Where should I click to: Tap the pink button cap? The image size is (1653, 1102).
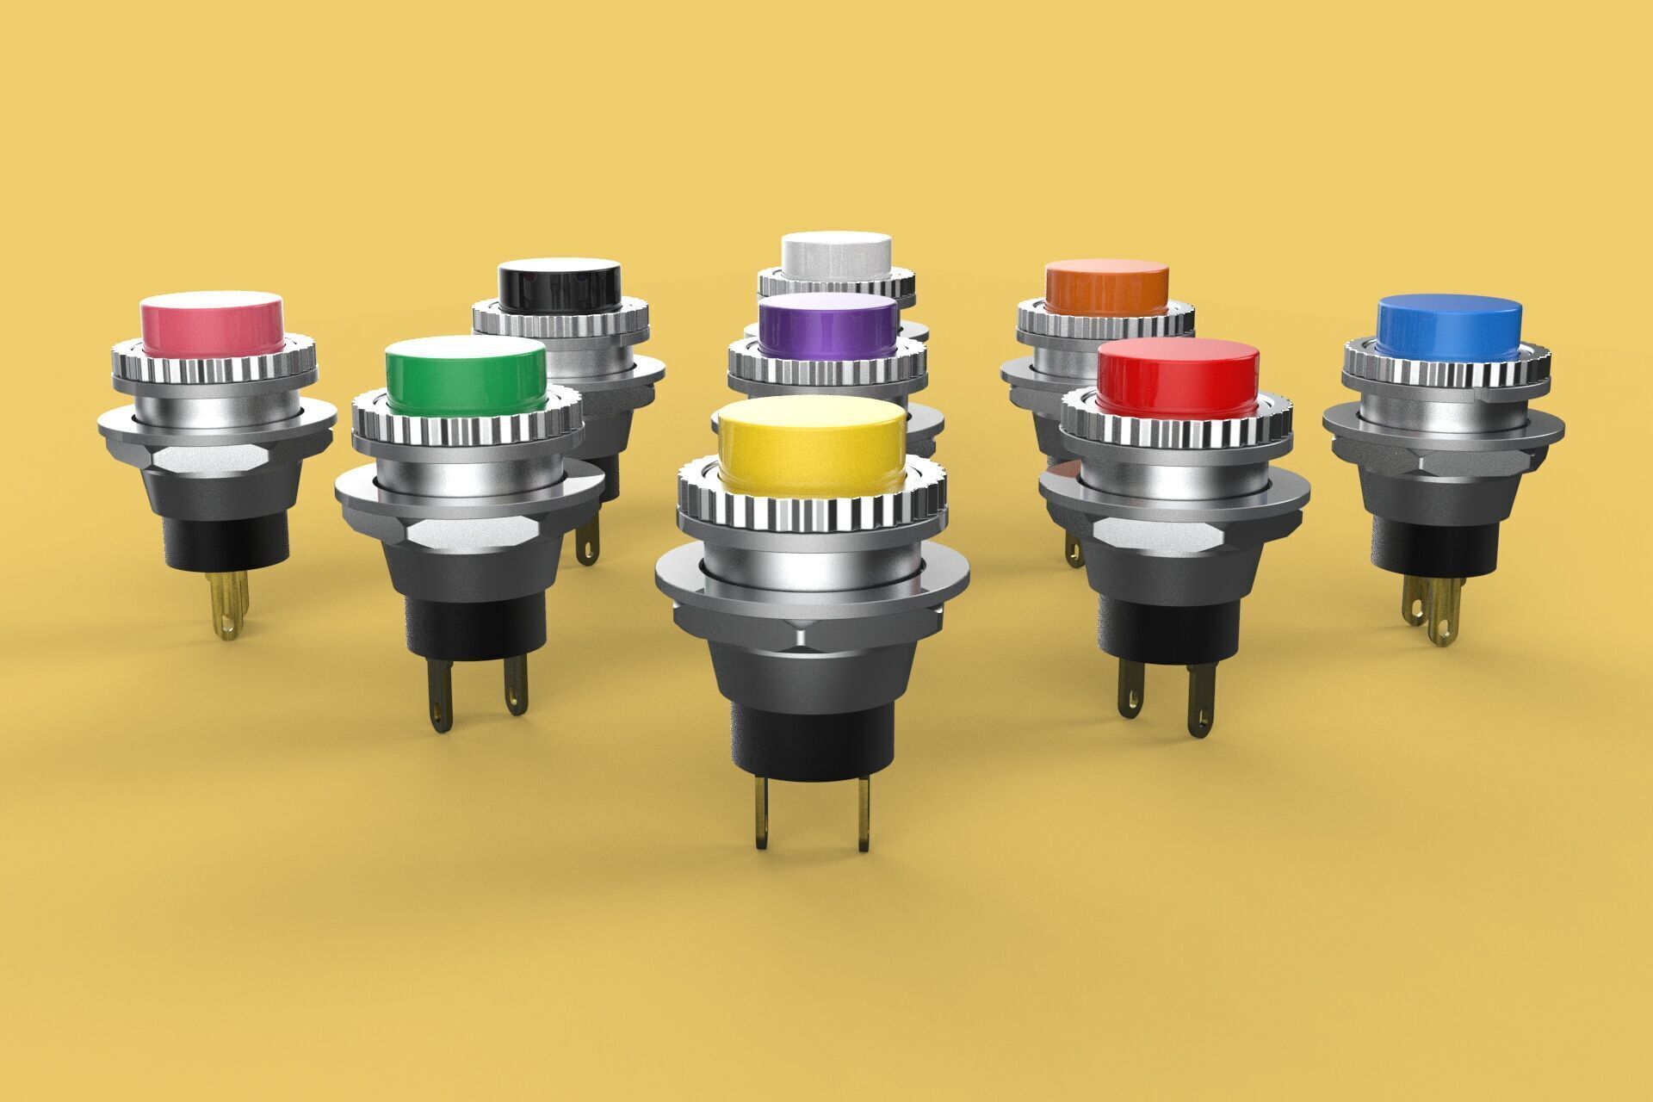(212, 323)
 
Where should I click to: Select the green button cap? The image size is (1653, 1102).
(465, 375)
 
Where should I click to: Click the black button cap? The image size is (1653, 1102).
(560, 288)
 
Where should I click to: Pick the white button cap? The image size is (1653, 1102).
(836, 254)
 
